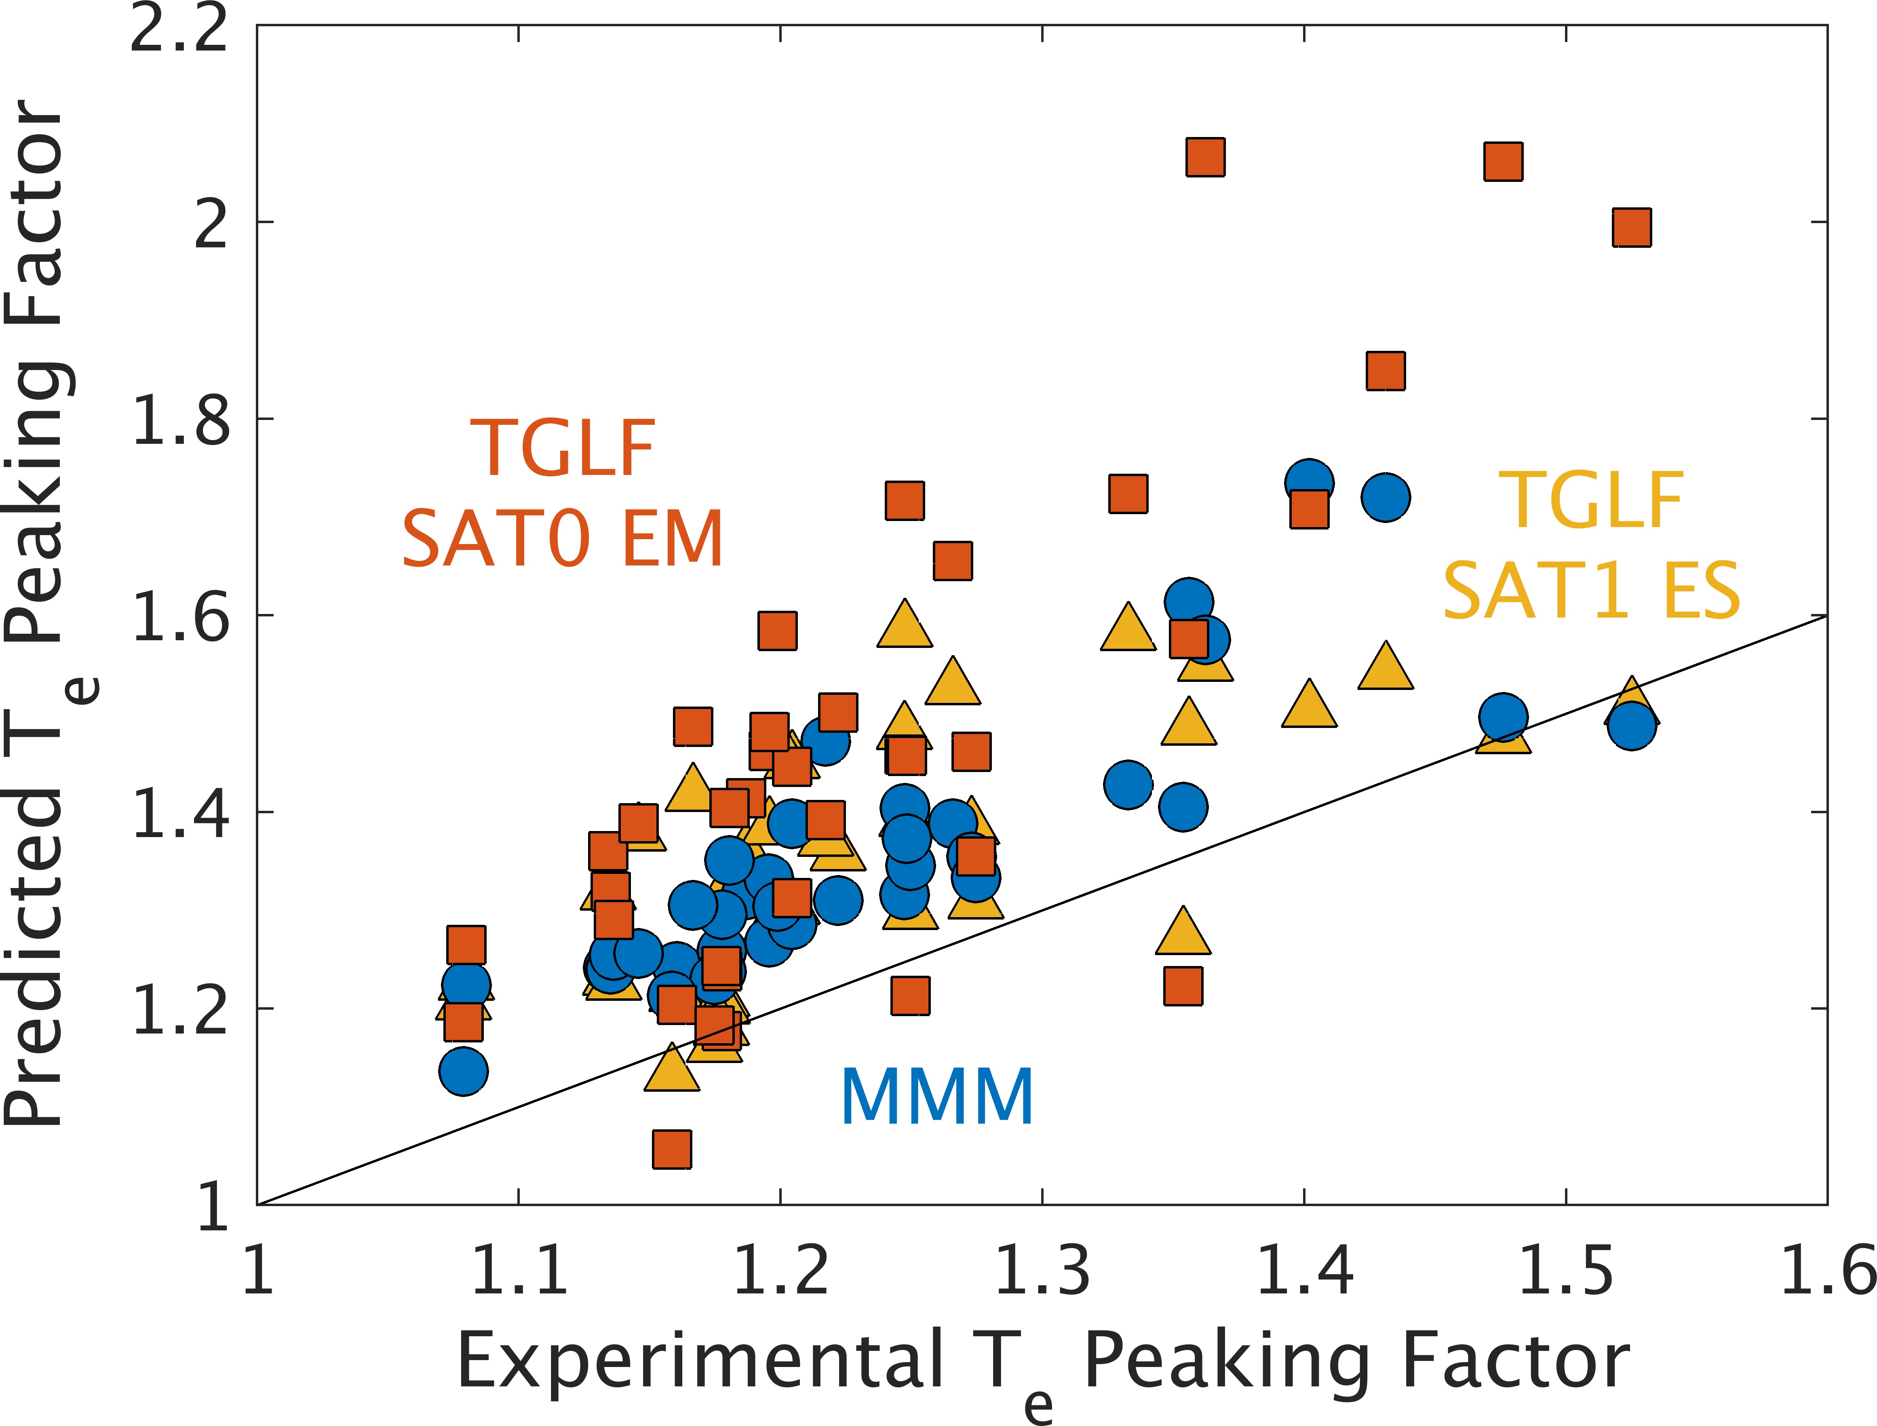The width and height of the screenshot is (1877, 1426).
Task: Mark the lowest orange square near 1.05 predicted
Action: [672, 1149]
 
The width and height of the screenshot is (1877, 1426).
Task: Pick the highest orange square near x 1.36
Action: [1205, 157]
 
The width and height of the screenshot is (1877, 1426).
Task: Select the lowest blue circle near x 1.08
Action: [463, 1071]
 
